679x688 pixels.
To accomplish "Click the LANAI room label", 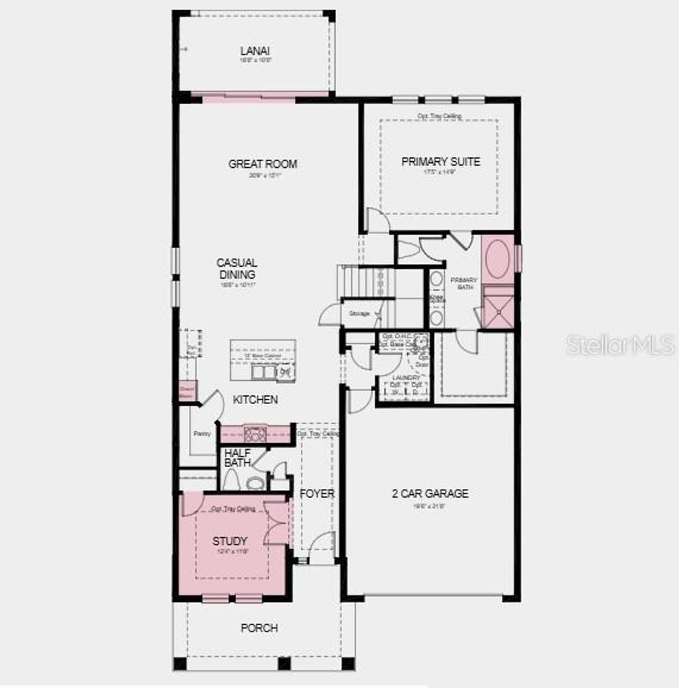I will (x=255, y=51).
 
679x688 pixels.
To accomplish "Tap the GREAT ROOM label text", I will (x=263, y=164).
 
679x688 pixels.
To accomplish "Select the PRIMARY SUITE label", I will (x=441, y=161).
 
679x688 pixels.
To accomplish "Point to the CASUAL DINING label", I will (x=237, y=269).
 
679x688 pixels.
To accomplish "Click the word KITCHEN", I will (x=255, y=400).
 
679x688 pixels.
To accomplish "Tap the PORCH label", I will (x=259, y=628).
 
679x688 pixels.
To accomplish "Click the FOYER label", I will (x=317, y=494).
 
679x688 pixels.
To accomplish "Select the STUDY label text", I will (x=230, y=541).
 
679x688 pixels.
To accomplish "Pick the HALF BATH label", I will (x=237, y=458).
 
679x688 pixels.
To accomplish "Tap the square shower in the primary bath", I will (x=498, y=307).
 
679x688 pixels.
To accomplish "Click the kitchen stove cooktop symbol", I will (x=255, y=435).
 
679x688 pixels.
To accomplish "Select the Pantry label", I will (x=202, y=434).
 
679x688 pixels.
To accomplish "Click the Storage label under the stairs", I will (x=359, y=312).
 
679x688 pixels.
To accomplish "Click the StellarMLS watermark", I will (x=620, y=344).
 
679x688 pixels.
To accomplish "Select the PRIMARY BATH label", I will (x=464, y=284).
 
